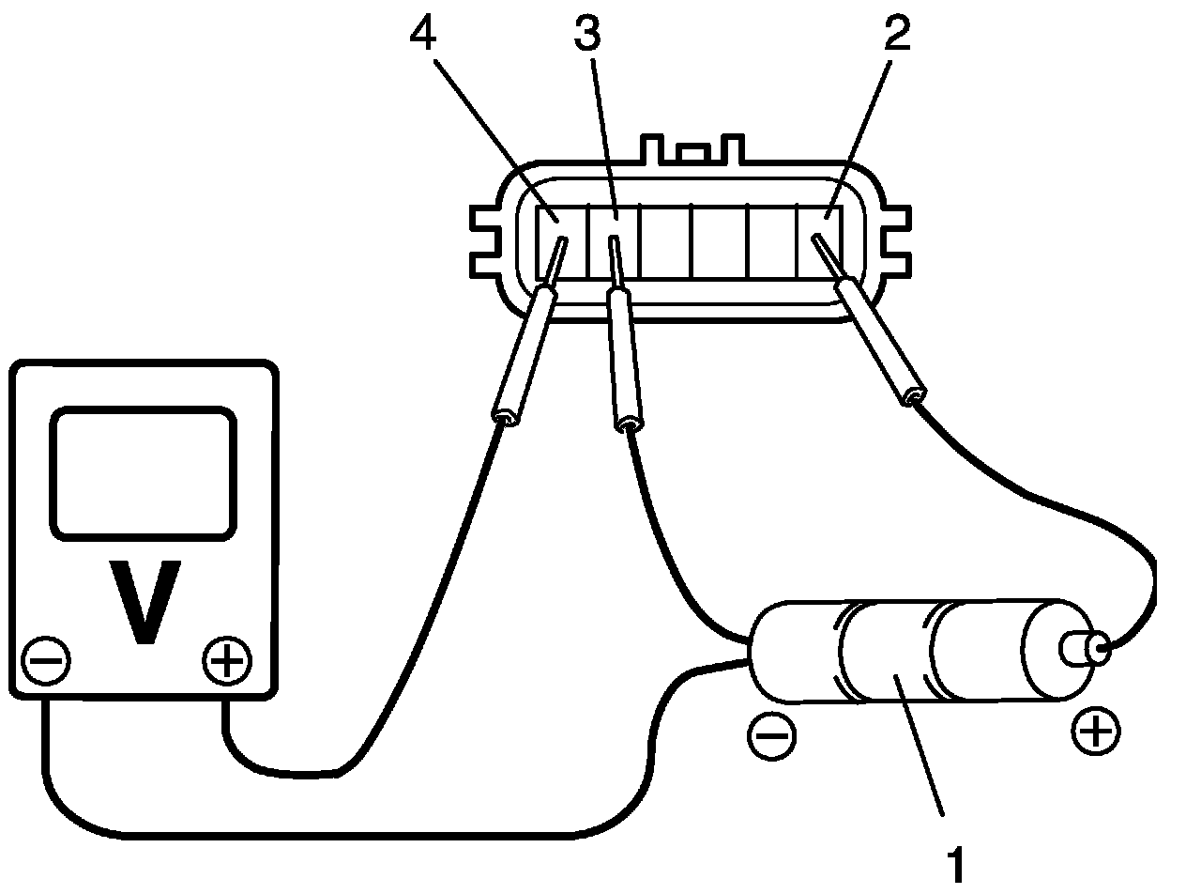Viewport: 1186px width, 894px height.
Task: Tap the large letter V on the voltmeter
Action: coord(144,602)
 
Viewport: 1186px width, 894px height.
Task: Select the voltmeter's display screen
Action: coord(143,473)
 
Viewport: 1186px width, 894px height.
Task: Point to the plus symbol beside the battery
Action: coord(1096,730)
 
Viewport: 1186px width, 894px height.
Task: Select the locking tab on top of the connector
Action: coord(691,150)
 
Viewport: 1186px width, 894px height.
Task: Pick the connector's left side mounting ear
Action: coord(489,239)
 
